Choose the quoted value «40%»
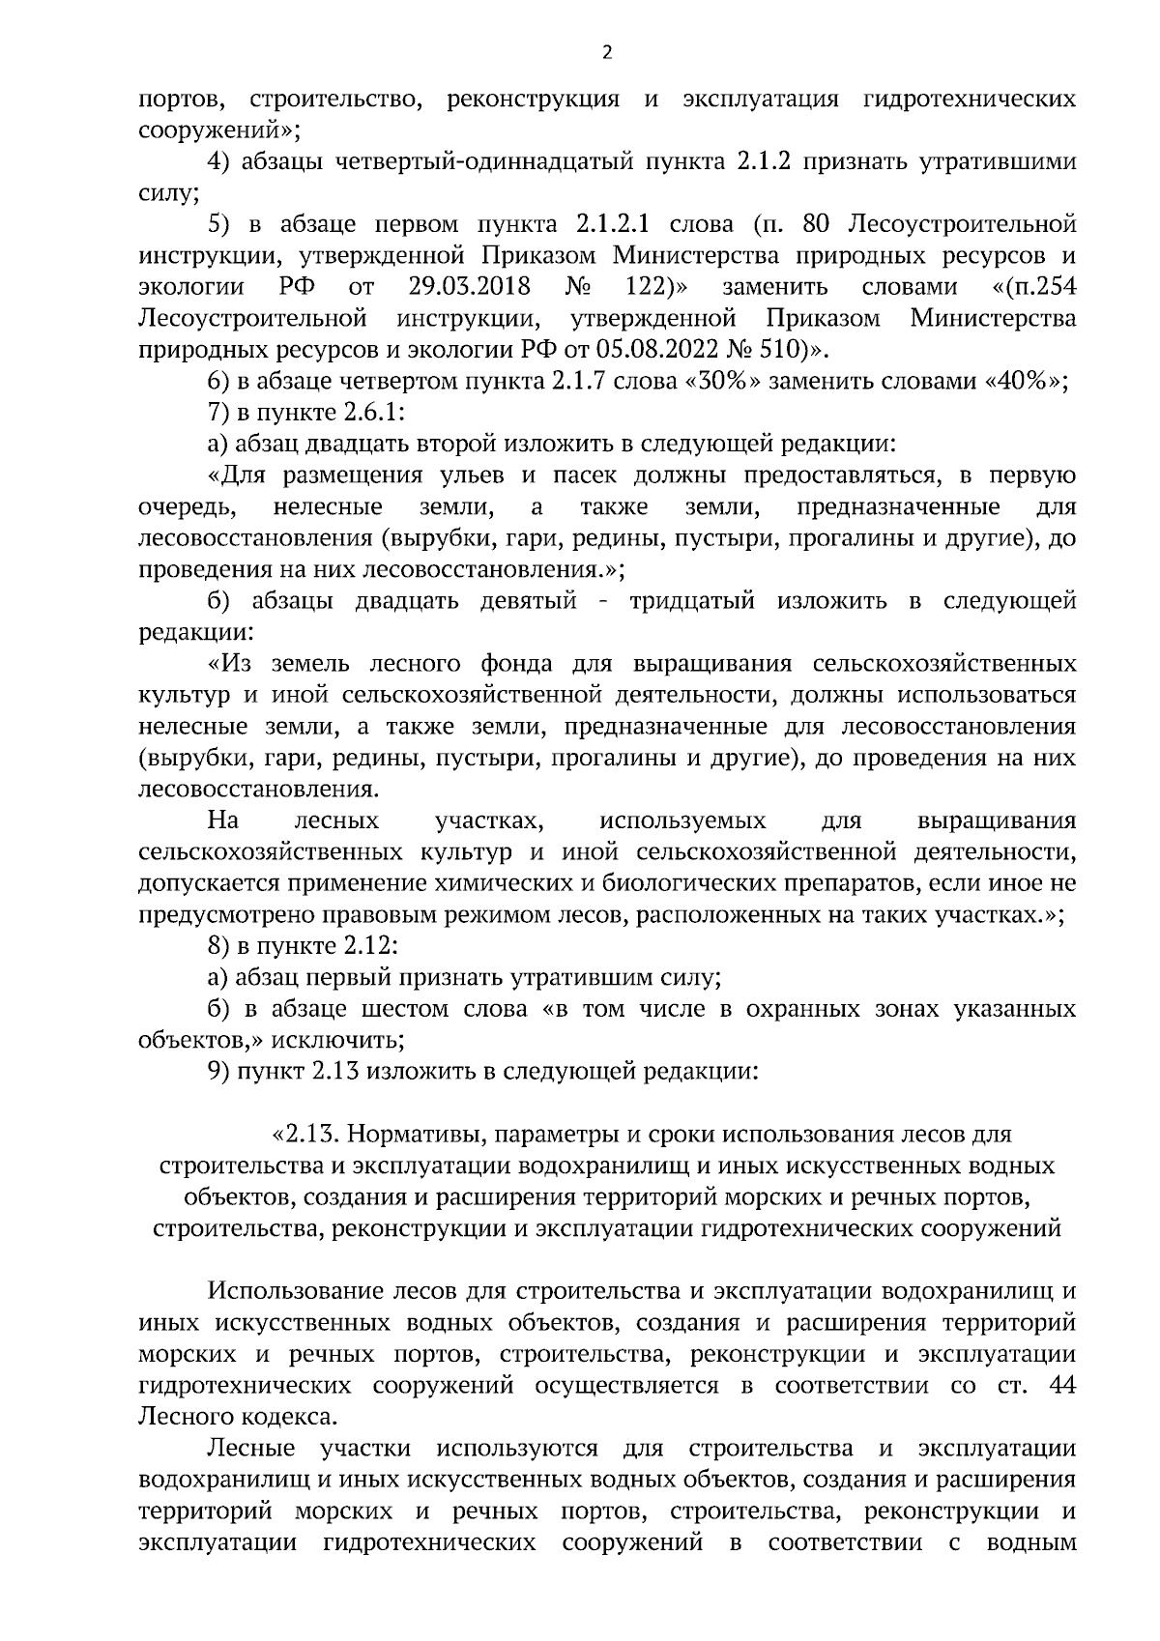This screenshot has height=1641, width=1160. point(1026,382)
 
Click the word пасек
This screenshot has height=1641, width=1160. point(584,476)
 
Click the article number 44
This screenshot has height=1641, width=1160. point(1061,1386)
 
